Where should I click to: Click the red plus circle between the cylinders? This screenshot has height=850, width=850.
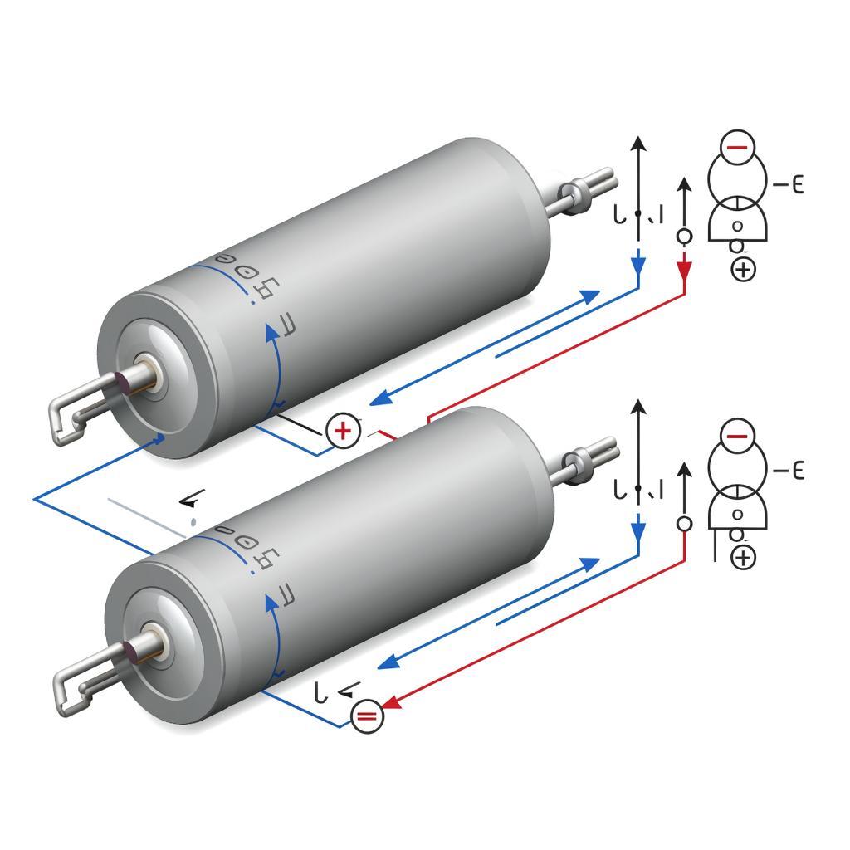[343, 430]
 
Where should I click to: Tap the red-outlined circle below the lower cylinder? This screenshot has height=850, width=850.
[368, 716]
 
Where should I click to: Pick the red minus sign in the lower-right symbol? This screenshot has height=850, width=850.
[736, 434]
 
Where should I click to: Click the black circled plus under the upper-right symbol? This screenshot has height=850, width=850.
[743, 269]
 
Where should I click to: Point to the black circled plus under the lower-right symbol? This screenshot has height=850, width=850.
[743, 557]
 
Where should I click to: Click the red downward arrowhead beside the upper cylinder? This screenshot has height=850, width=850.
[684, 271]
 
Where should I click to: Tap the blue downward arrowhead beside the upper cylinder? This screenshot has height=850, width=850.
[637, 266]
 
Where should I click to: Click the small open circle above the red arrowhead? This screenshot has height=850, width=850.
[684, 237]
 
